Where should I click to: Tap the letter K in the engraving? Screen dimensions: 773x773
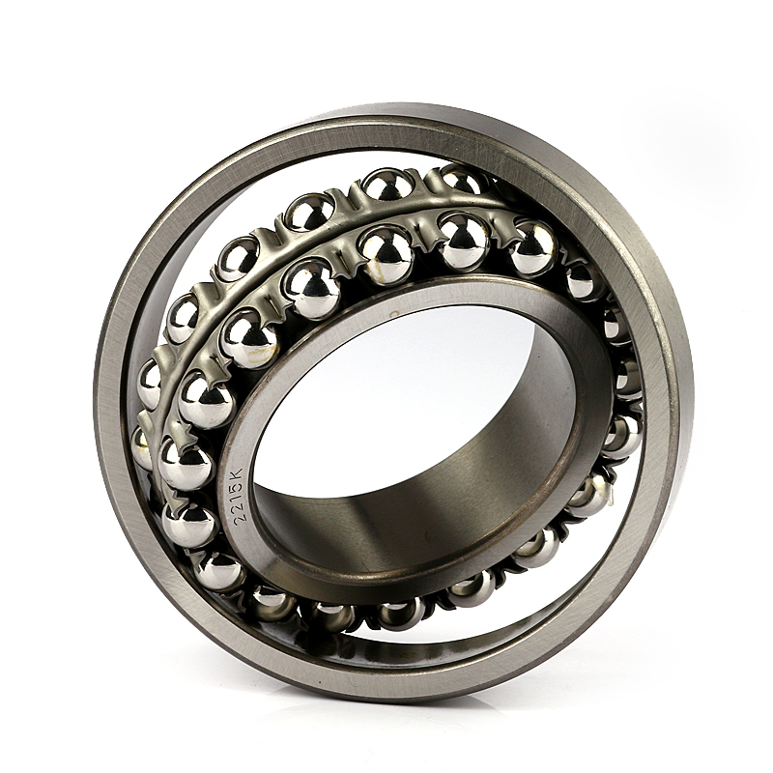click(236, 475)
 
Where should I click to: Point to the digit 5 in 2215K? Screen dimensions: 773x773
click(236, 488)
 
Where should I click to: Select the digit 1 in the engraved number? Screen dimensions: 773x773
click(235, 497)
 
